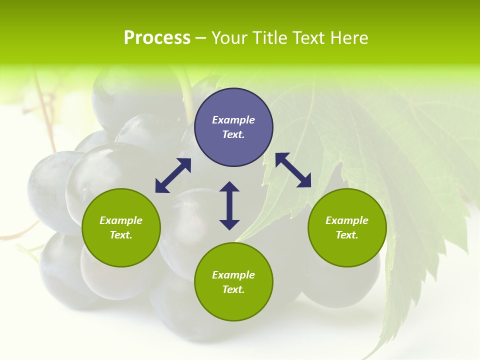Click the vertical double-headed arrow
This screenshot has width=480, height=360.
pyautogui.click(x=229, y=205)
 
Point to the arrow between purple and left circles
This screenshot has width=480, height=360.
pyautogui.click(x=173, y=175)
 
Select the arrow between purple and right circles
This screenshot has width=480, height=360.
pyautogui.click(x=293, y=170)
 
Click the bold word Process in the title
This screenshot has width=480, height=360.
pyautogui.click(x=157, y=38)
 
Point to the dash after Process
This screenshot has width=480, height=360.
pyautogui.click(x=200, y=38)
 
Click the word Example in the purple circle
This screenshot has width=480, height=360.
pyautogui.click(x=233, y=120)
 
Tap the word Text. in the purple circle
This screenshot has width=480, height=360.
pyautogui.click(x=233, y=134)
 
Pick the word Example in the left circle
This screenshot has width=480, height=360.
pyautogui.click(x=121, y=220)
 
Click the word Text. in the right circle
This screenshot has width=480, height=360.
pyautogui.click(x=347, y=235)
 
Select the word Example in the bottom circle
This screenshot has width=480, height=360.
pyautogui.click(x=233, y=275)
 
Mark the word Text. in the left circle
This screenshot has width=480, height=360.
pyautogui.click(x=121, y=235)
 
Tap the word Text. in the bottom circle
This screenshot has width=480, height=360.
pyautogui.click(x=233, y=289)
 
